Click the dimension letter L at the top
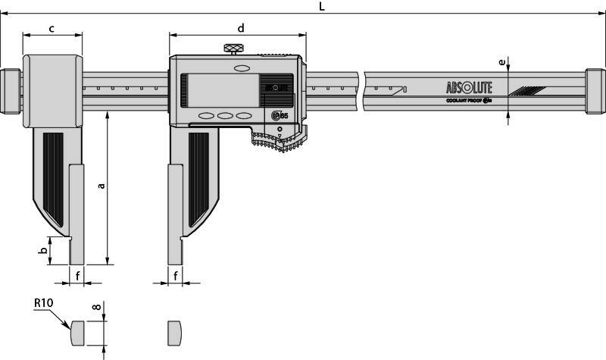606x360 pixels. point(321,6)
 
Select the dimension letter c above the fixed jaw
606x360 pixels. point(52,29)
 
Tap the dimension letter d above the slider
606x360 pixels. point(241,28)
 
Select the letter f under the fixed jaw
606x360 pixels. point(77,276)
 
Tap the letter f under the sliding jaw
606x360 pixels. point(176,276)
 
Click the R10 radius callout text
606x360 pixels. point(43,303)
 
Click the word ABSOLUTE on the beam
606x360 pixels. point(470,86)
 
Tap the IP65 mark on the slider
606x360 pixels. point(278,115)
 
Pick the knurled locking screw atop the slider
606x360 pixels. point(234,50)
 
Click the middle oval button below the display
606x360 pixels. point(224,116)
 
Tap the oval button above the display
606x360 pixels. point(242,68)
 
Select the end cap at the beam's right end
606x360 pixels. point(595,92)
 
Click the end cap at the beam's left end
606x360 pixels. point(11,92)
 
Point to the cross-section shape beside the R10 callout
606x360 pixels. point(77,331)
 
